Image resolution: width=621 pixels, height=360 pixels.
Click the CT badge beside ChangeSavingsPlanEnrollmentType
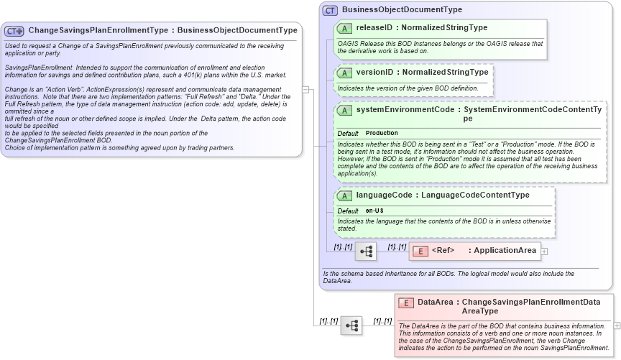click(x=14, y=31)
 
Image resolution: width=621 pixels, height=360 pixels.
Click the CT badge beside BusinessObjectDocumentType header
click(x=330, y=10)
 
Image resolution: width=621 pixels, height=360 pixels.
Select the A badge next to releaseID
click(x=344, y=28)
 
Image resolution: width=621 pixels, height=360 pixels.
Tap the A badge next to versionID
click(x=344, y=73)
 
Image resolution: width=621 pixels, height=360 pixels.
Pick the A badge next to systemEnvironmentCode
click(x=344, y=110)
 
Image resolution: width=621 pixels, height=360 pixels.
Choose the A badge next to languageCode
click(x=344, y=195)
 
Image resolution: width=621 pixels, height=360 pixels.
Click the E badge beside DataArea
click(x=405, y=303)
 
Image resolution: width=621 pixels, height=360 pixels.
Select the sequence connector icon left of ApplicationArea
click(x=366, y=251)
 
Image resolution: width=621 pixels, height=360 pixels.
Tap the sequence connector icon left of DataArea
click(x=351, y=325)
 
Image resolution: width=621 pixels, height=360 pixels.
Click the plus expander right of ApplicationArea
click(x=544, y=251)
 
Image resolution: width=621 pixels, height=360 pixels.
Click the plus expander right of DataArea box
click(x=616, y=326)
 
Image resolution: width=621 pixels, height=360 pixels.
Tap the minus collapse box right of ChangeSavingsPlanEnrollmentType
click(x=305, y=90)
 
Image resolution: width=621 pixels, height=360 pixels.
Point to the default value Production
click(x=382, y=134)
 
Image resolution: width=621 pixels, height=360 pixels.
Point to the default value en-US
click(x=374, y=211)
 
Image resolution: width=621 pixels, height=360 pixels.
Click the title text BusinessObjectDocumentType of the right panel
click(x=402, y=10)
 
